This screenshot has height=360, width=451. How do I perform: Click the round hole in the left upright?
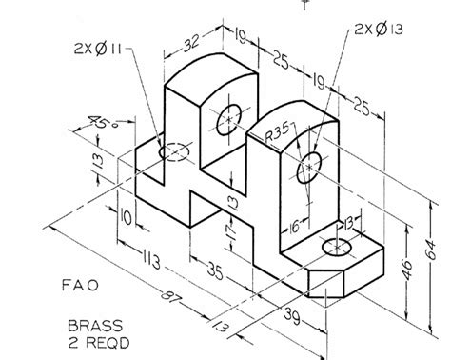(229, 120)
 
